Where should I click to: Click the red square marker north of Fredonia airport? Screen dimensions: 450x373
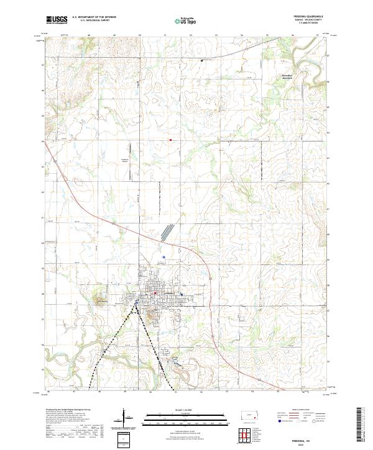click(x=171, y=140)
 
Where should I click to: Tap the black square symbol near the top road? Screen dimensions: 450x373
click(x=202, y=60)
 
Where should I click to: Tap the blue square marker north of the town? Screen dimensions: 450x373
click(x=163, y=257)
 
